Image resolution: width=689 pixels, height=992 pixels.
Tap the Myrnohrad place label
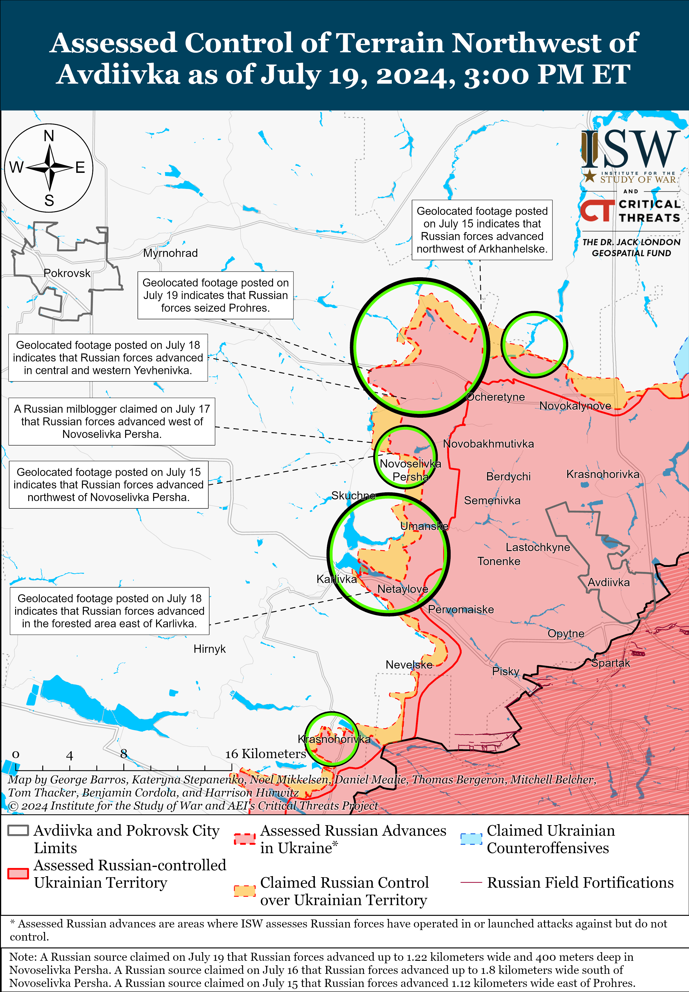point(170,253)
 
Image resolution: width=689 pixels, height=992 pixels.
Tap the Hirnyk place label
point(209,649)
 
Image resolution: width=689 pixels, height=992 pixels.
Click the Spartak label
point(610,663)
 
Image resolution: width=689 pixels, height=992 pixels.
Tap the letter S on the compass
point(49,201)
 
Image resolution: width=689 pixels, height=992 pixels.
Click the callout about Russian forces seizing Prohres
point(215,295)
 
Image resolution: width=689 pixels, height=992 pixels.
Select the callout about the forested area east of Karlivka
point(109,611)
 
